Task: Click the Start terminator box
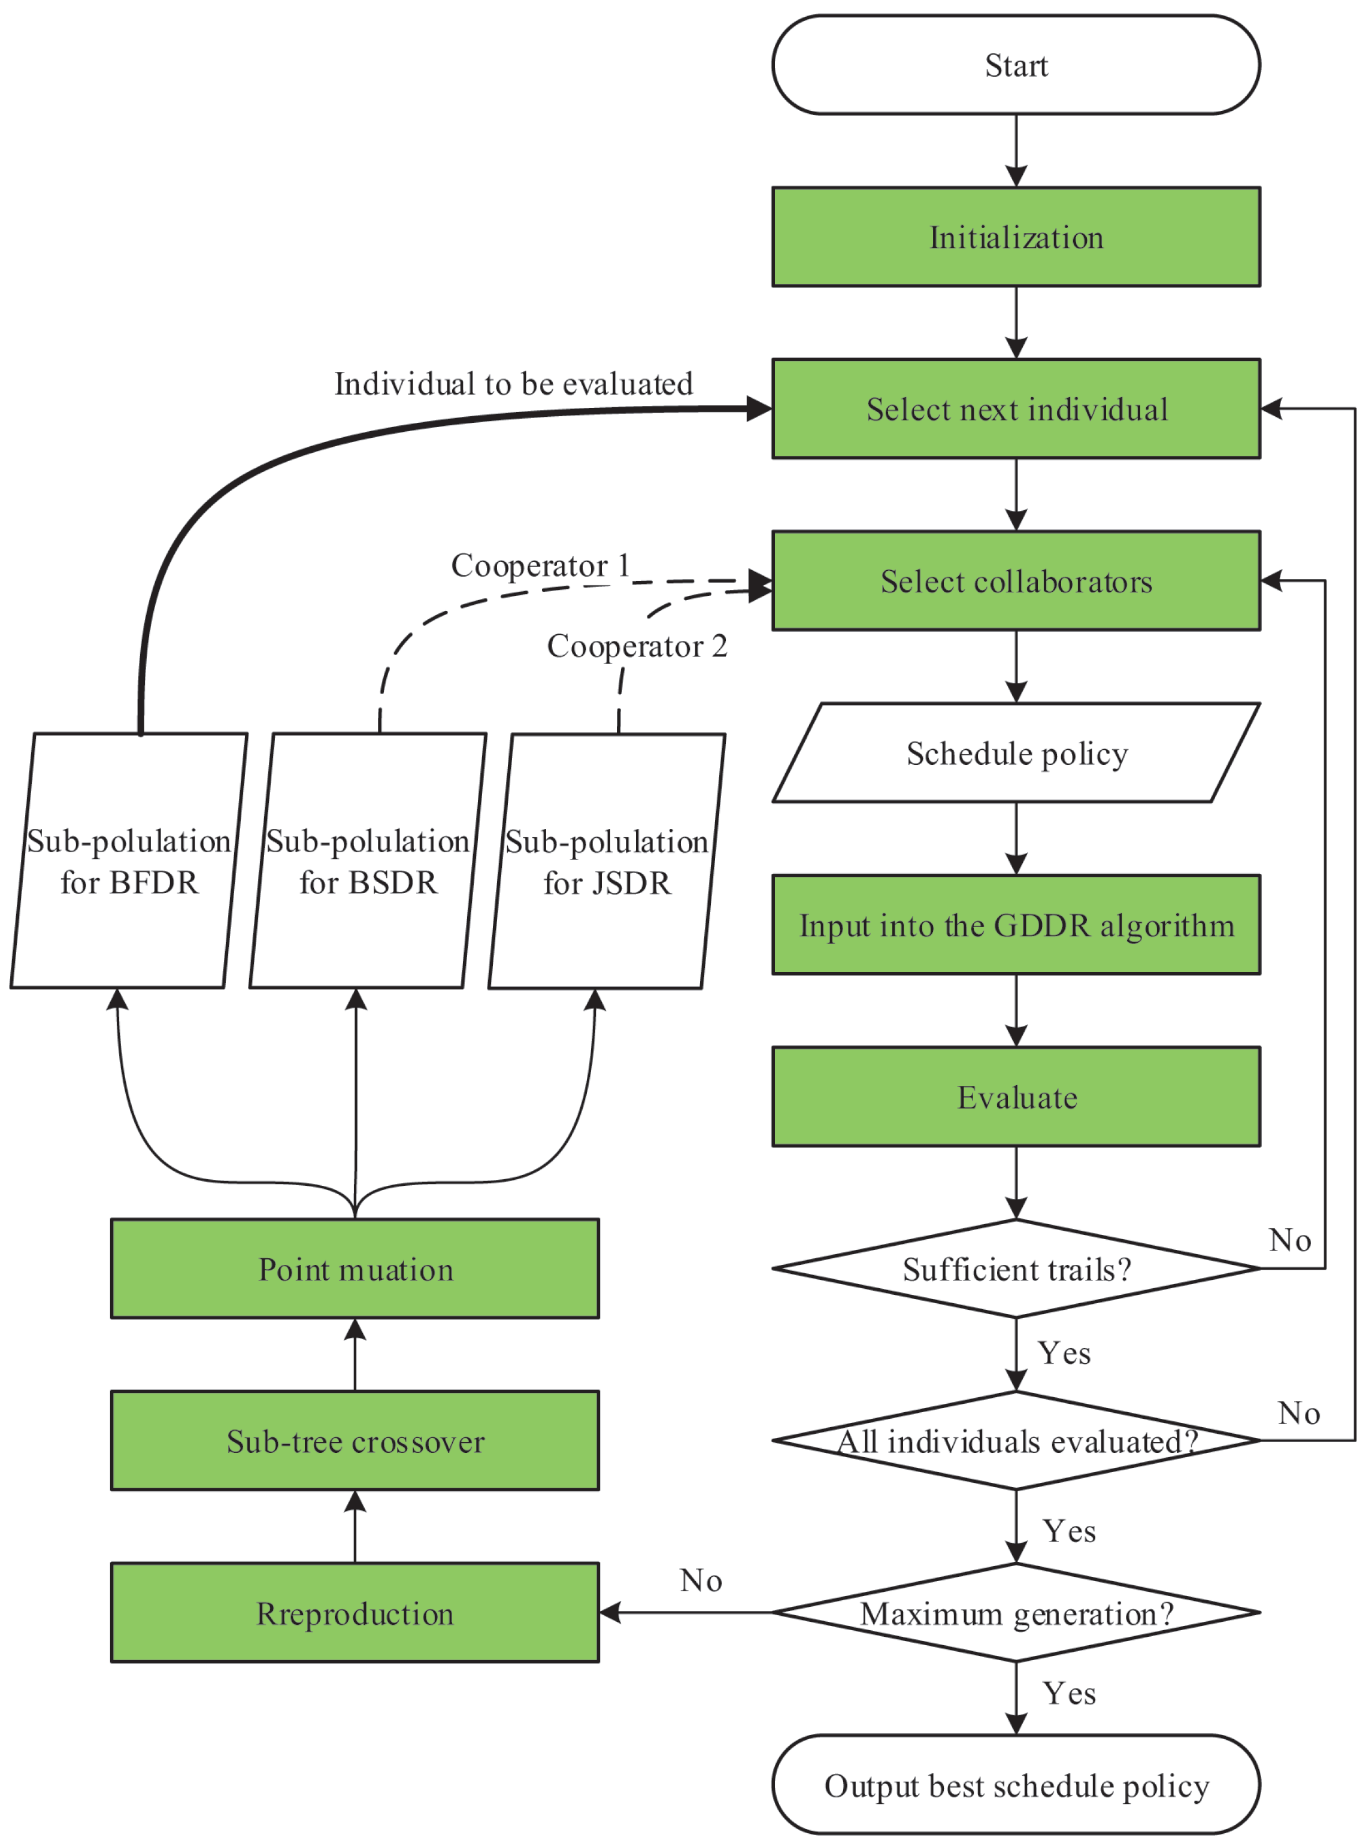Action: pyautogui.click(x=1016, y=65)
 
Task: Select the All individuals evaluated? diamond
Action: pyautogui.click(x=1016, y=1440)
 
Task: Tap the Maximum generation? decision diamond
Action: pyautogui.click(x=1016, y=1612)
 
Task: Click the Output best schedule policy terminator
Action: pyautogui.click(x=1016, y=1785)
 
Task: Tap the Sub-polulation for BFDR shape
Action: pyautogui.click(x=129, y=861)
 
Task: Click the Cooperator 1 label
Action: pyautogui.click(x=540, y=565)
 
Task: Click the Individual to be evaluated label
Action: pyautogui.click(x=513, y=384)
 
